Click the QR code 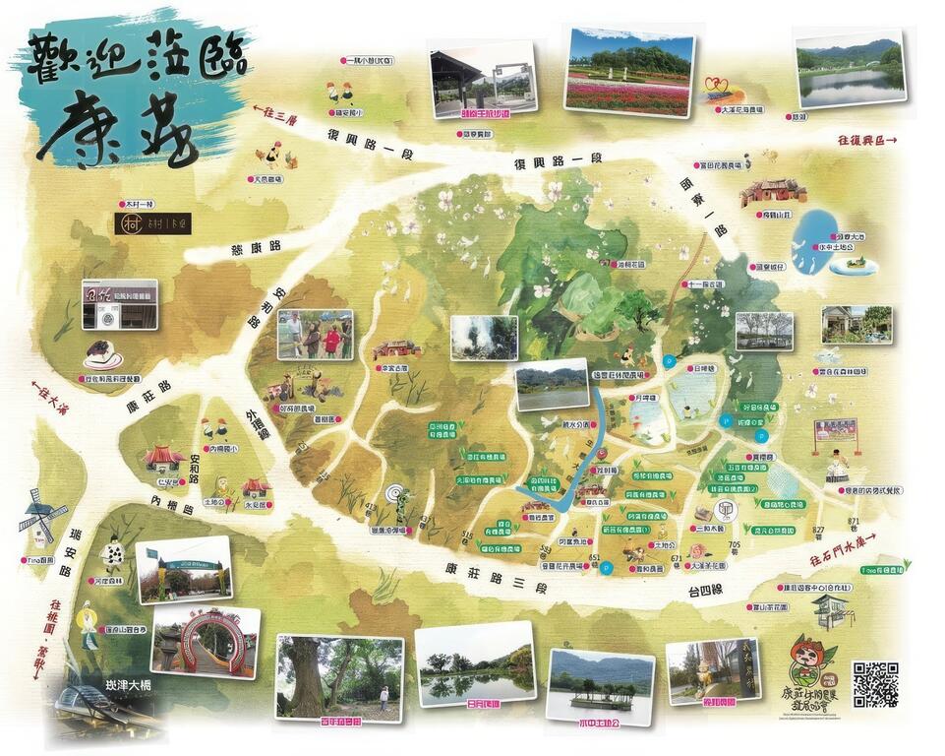tap(874, 684)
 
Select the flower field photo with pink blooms tap(629, 71)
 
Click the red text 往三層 tap(274, 115)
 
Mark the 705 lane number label tap(734, 544)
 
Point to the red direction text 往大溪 tap(40, 394)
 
